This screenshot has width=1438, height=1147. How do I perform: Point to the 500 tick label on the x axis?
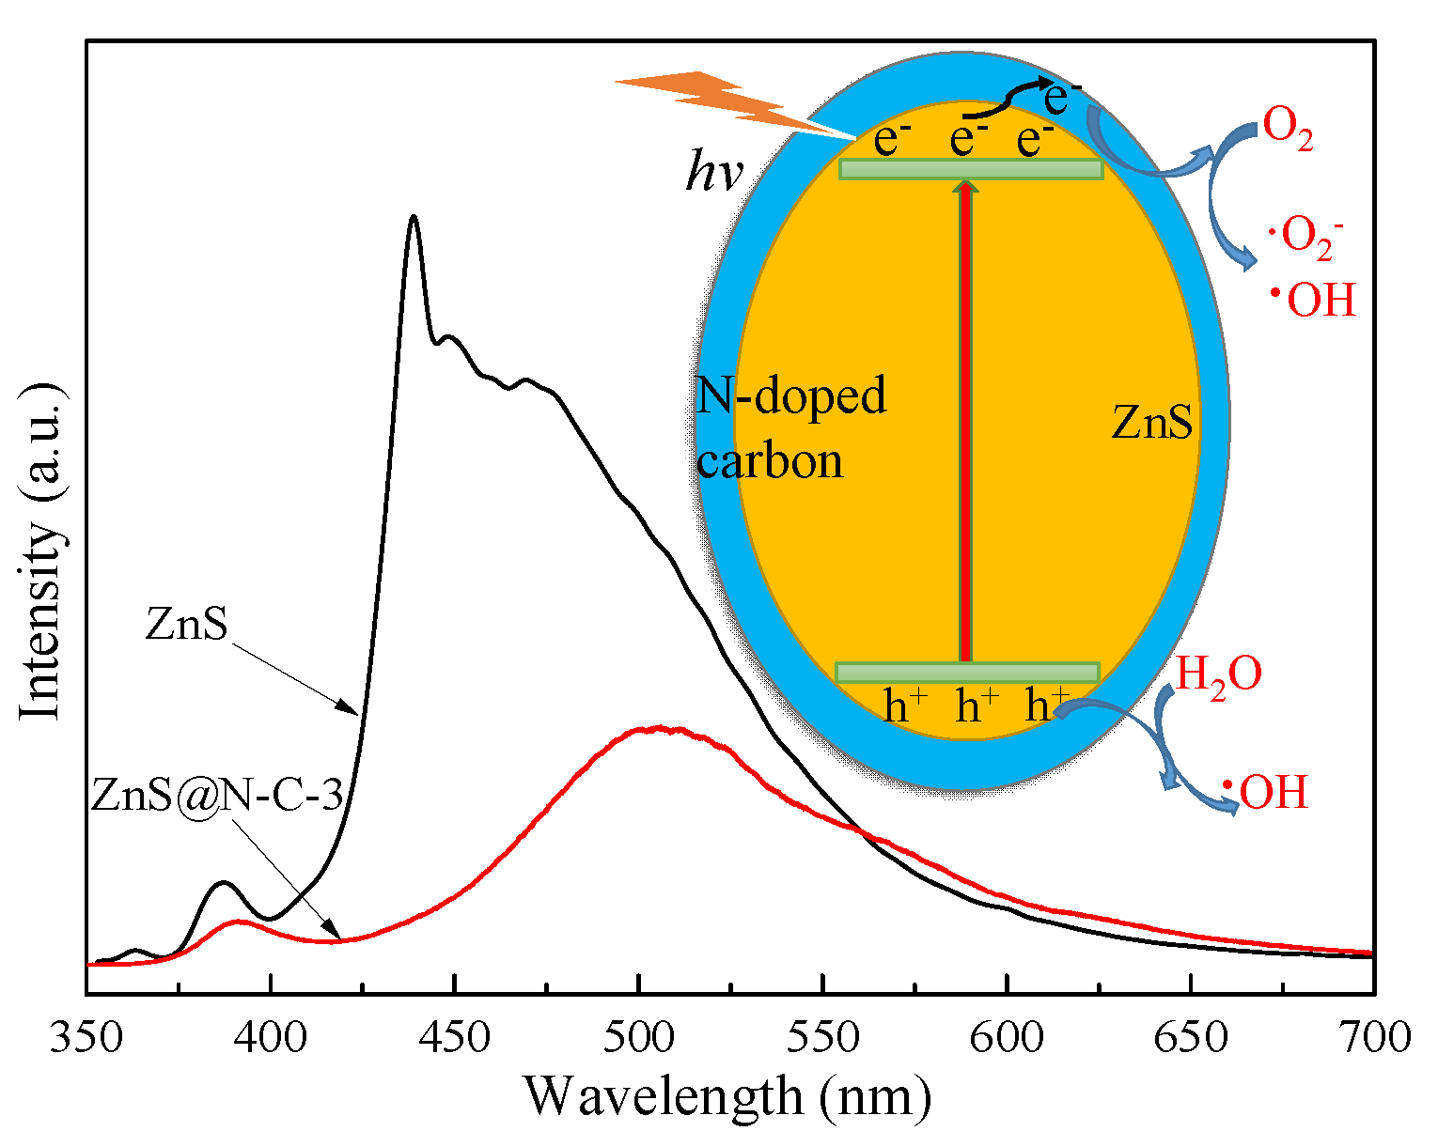coord(639,1037)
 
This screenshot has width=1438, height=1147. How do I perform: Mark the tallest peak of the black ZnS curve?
coord(413,217)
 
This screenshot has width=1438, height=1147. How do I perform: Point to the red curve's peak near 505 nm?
coord(658,728)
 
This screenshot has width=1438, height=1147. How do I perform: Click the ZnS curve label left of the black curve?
coord(186,624)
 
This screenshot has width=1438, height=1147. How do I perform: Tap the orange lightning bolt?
coord(724,100)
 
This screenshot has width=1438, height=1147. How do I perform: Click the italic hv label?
coord(714,174)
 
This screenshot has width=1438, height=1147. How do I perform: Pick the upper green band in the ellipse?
coord(971,169)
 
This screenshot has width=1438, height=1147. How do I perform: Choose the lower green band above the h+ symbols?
coord(967,672)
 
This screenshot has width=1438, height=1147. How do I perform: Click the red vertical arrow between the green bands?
coord(965,423)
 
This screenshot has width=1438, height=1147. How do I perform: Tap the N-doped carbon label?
coord(789,428)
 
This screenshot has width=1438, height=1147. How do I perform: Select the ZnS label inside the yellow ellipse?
coord(1152,422)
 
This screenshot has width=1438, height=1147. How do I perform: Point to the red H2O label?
coord(1218,674)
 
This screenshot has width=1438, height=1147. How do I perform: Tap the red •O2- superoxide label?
coord(1305,235)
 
